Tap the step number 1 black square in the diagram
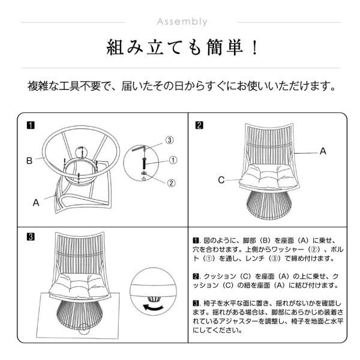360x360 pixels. (31, 125)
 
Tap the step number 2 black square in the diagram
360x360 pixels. (199, 125)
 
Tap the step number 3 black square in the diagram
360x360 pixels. (31, 236)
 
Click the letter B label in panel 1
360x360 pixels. (29, 160)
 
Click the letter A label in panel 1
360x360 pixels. (35, 203)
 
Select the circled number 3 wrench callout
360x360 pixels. (170, 140)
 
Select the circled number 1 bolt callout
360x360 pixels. (173, 160)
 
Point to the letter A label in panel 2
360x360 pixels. (323, 152)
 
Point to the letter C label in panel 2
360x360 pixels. (221, 179)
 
